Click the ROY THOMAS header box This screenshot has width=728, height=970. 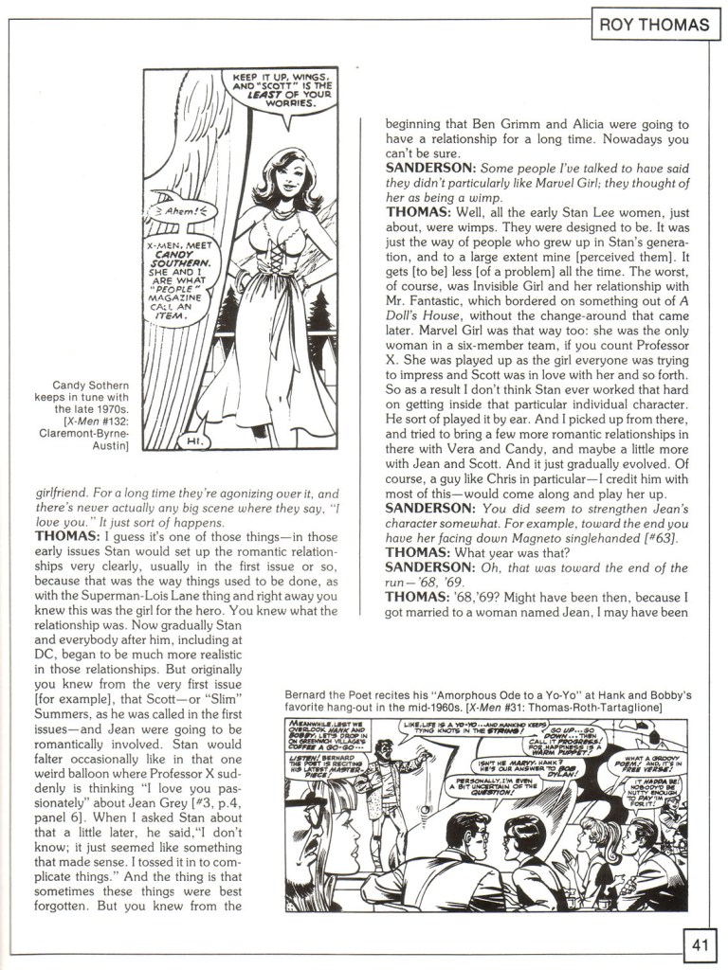[653, 26]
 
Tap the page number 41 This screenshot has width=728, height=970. [701, 944]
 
